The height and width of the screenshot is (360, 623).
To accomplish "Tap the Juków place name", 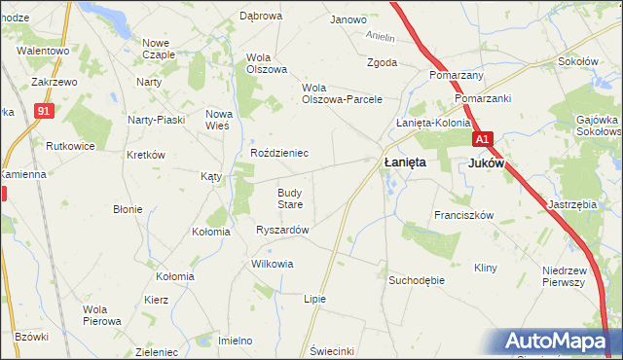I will click(x=486, y=163).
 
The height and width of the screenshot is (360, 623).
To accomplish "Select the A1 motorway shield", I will click(x=487, y=139).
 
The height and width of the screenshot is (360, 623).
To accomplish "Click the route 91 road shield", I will click(x=42, y=112).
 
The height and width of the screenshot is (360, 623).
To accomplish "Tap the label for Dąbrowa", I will click(x=260, y=17).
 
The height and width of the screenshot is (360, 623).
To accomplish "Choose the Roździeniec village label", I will click(x=279, y=153).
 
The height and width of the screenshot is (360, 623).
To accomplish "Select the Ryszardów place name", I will click(x=282, y=230).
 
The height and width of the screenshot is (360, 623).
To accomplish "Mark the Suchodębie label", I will click(x=417, y=280).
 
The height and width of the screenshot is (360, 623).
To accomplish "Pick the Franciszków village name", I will click(x=464, y=215).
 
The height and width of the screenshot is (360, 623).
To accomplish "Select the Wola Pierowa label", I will click(x=101, y=314).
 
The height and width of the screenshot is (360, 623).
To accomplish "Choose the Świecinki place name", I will click(x=332, y=350).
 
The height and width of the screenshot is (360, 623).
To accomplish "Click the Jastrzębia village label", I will click(x=571, y=204).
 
